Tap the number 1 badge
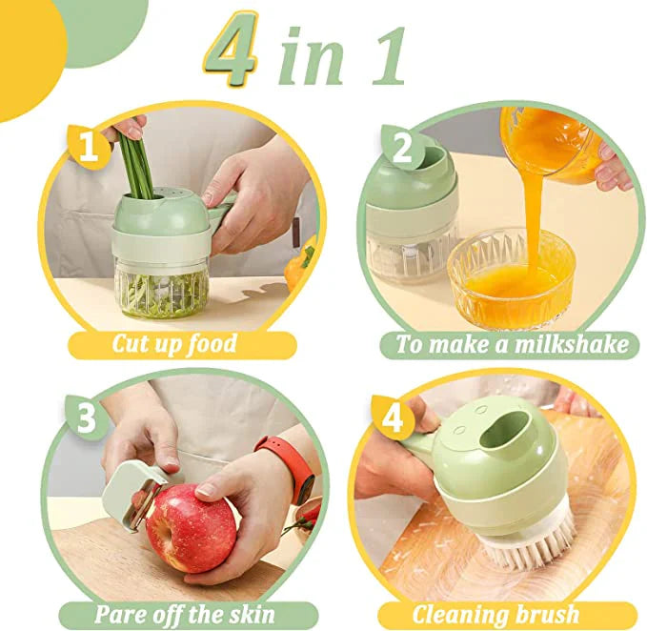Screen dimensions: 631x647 [89, 147]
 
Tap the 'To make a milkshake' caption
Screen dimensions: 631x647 [513, 343]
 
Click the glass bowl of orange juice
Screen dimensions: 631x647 [512, 281]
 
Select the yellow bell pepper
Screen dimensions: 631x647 [304, 259]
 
